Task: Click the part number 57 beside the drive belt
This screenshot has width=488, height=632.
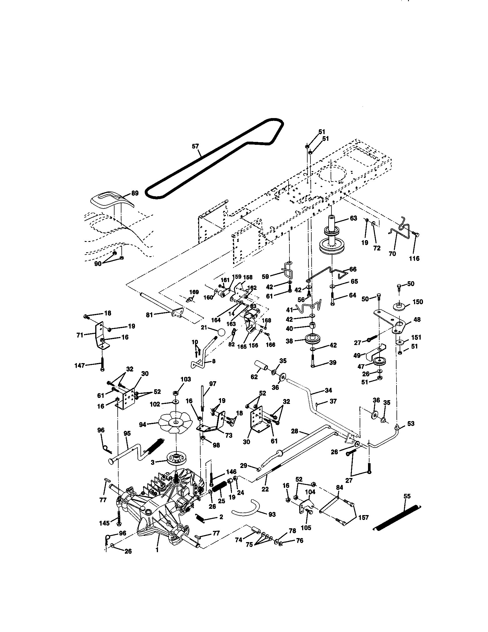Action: coord(196,147)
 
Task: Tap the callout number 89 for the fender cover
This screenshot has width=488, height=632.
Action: coord(135,193)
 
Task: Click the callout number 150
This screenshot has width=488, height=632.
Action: coord(418,302)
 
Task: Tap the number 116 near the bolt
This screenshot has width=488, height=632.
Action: coord(414,259)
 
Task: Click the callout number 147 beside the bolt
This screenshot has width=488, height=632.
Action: coord(80,365)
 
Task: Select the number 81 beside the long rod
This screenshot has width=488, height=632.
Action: coord(149,315)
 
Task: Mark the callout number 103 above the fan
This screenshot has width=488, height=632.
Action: coord(186,379)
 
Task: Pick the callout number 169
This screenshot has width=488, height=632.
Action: coord(194,292)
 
